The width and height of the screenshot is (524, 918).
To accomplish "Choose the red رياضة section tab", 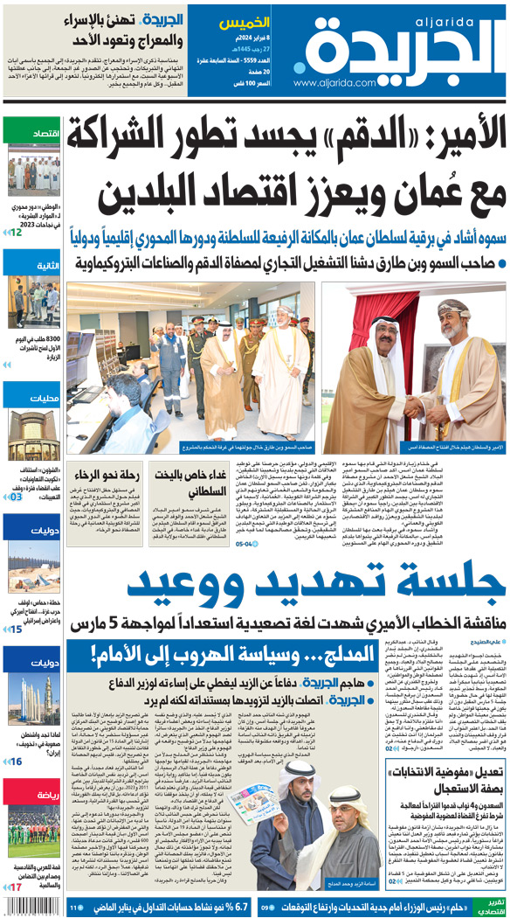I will [x=33, y=794].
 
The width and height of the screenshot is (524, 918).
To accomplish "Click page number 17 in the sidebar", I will [x=16, y=888].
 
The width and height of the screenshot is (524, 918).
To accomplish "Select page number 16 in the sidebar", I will [x=16, y=762].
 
